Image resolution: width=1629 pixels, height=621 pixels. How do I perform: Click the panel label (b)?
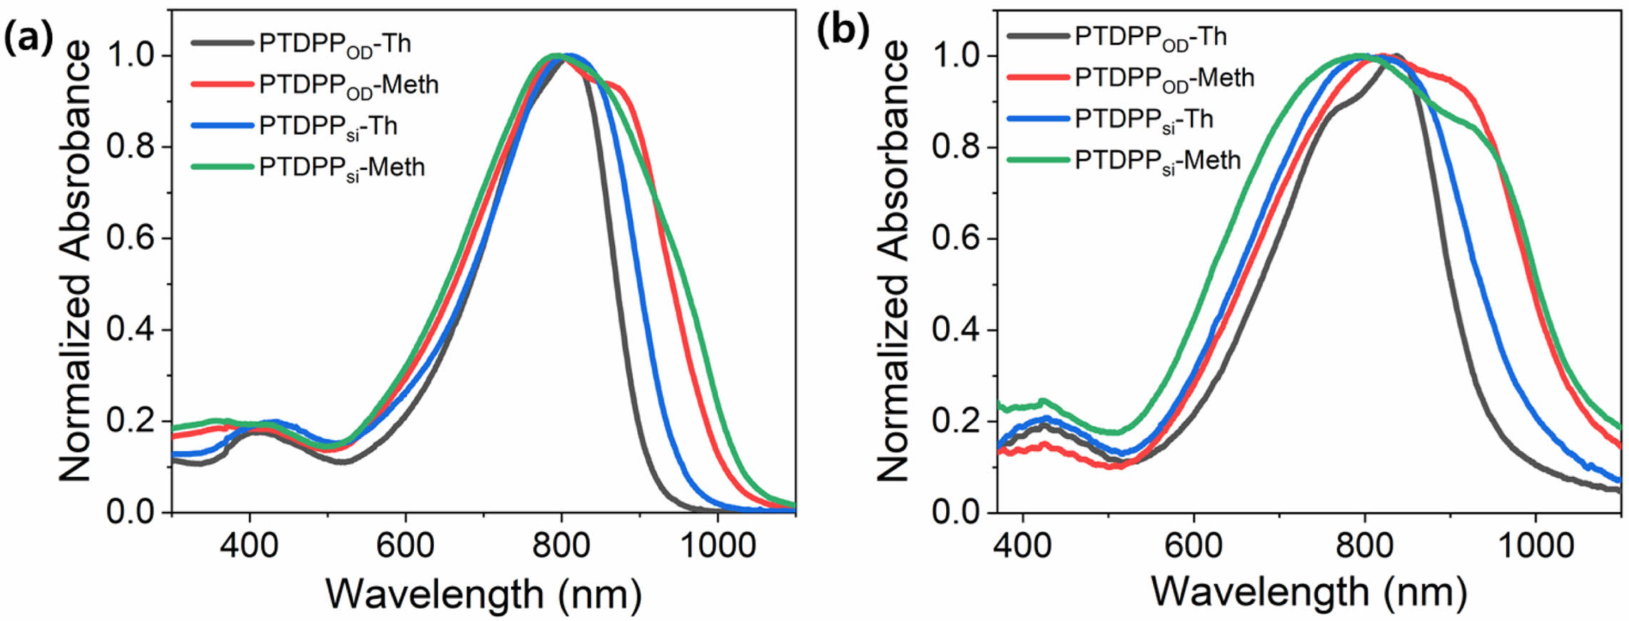(843, 32)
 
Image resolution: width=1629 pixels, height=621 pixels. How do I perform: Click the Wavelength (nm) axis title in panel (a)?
(484, 594)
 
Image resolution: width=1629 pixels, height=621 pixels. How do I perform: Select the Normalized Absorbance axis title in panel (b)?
(892, 261)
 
